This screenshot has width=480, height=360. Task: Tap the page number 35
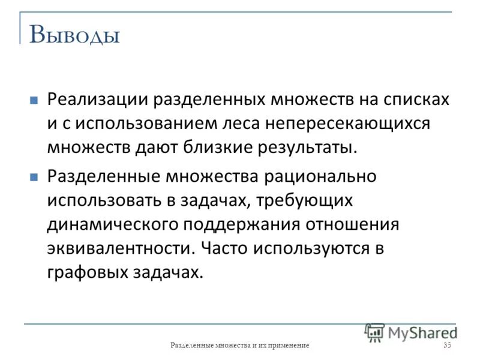tap(447, 346)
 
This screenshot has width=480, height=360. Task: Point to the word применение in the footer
tap(286, 346)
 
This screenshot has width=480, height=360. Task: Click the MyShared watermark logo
tap(411, 332)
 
